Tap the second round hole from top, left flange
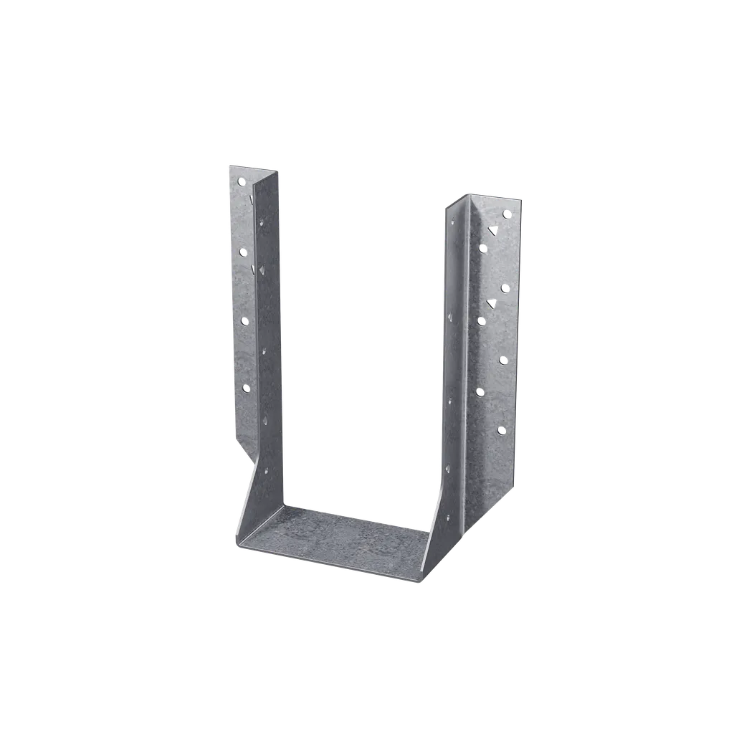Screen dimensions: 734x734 click(x=242, y=251)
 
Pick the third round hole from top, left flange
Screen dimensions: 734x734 click(x=244, y=320)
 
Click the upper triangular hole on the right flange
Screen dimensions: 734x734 click(x=492, y=230)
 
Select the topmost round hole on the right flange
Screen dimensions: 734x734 click(x=507, y=214)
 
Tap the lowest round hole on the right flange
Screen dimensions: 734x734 click(x=501, y=430)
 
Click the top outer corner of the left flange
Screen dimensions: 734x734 click(x=228, y=164)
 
